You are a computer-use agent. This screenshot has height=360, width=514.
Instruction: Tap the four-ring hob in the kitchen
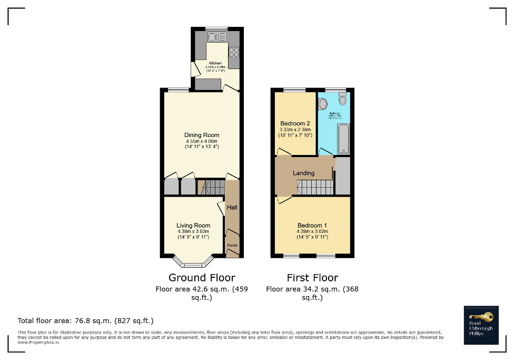coord(234,52)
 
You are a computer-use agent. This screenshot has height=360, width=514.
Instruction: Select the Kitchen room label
coord(215,63)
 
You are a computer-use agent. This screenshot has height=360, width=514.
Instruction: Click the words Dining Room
coord(202,135)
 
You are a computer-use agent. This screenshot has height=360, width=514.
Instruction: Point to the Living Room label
coord(193,226)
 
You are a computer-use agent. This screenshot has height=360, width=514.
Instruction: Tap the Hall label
coord(232,208)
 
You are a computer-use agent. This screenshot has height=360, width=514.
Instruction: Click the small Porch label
coord(232,246)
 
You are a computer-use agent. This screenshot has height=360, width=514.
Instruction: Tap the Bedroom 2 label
coord(295,123)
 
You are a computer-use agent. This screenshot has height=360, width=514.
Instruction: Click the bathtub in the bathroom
coord(343,139)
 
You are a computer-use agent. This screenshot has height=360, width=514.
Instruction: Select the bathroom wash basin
coord(323,104)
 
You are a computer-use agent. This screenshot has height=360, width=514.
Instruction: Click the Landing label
coord(304,173)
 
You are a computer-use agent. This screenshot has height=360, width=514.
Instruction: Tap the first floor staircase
coord(315,187)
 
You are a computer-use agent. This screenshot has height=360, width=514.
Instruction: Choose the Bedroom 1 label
coord(312,226)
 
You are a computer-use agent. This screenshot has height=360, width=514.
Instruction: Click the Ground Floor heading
coord(202,278)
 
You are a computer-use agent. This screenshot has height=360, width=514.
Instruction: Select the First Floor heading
coord(312,278)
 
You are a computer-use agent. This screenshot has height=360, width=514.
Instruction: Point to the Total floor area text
coord(85,320)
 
